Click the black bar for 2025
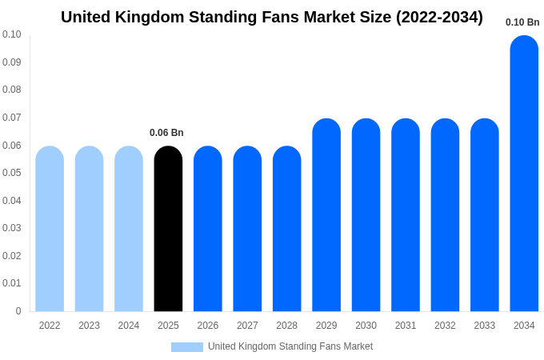tap(168, 230)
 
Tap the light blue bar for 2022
tap(50, 230)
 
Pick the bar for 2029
tap(326, 216)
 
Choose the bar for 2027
tap(247, 230)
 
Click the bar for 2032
tap(445, 216)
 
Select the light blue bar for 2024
tap(129, 230)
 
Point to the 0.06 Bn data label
tap(166, 133)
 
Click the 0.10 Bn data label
tap(522, 22)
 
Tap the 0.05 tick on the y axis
tap(12, 173)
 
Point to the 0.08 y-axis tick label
tap(12, 90)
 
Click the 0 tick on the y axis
tap(18, 311)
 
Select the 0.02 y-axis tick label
tap(12, 256)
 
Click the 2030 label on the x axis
tap(366, 326)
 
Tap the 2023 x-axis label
tap(89, 326)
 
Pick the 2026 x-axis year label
tap(208, 326)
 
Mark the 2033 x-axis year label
tap(485, 326)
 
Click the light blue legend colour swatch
tap(187, 347)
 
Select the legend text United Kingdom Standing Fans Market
tap(290, 346)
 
